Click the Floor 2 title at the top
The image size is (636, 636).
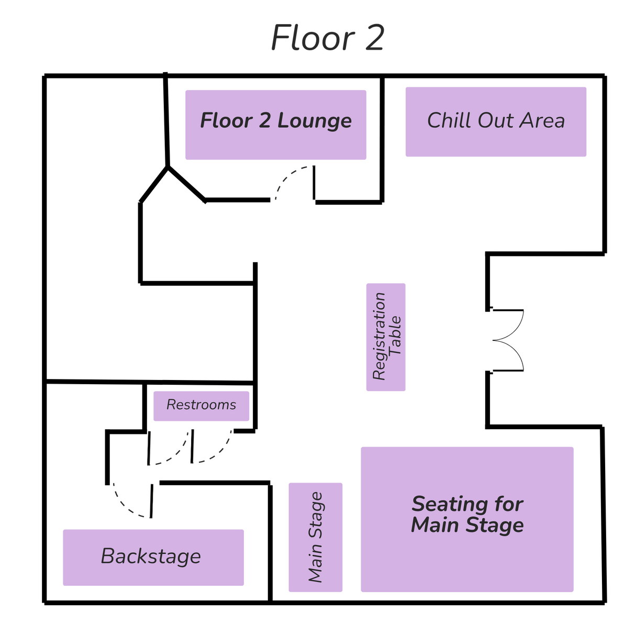click(328, 38)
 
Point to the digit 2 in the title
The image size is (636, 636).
click(373, 38)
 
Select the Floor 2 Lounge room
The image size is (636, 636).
click(276, 125)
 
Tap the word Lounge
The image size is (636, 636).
click(314, 121)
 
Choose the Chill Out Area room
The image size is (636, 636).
click(496, 121)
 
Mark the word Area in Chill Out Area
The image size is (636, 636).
click(542, 120)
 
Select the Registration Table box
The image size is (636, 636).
click(386, 337)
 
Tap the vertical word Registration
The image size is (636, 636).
click(378, 337)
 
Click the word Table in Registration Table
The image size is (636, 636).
click(396, 337)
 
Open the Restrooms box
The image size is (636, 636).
click(201, 406)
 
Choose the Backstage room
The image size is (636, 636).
click(153, 557)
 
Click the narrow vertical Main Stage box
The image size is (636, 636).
click(315, 538)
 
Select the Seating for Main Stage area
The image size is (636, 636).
click(467, 519)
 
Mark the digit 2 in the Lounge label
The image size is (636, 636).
click(264, 121)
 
